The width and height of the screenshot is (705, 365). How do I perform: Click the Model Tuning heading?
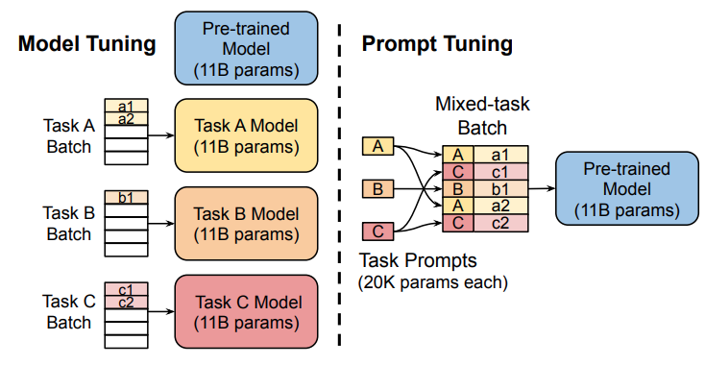(87, 44)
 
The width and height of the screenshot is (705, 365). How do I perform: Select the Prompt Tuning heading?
(437, 44)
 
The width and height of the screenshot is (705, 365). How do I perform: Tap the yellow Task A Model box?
(247, 135)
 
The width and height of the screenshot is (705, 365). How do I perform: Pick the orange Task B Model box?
(247, 224)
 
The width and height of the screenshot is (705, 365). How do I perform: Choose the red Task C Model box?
(247, 311)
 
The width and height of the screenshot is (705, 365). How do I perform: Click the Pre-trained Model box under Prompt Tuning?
(627, 188)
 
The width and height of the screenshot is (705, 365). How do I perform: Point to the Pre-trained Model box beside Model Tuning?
(247, 48)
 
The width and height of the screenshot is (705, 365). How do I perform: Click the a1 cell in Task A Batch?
(127, 106)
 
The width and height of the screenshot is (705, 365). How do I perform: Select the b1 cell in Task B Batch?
(127, 197)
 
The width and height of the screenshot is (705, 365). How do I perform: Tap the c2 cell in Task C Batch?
(127, 302)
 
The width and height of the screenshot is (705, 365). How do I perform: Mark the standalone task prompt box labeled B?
(378, 189)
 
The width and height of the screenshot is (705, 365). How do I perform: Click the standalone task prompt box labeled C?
(378, 231)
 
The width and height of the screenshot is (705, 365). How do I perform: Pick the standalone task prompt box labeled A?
(378, 146)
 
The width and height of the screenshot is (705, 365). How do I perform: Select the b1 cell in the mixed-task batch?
(500, 189)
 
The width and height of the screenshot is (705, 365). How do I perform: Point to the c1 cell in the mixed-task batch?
(500, 172)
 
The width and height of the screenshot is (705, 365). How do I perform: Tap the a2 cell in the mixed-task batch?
(500, 206)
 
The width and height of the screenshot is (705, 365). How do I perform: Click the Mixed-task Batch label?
(482, 115)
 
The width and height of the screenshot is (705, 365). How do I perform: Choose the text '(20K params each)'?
(432, 282)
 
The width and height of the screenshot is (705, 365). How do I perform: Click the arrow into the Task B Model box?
(161, 224)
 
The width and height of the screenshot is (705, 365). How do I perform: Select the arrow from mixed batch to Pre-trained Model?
(542, 189)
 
